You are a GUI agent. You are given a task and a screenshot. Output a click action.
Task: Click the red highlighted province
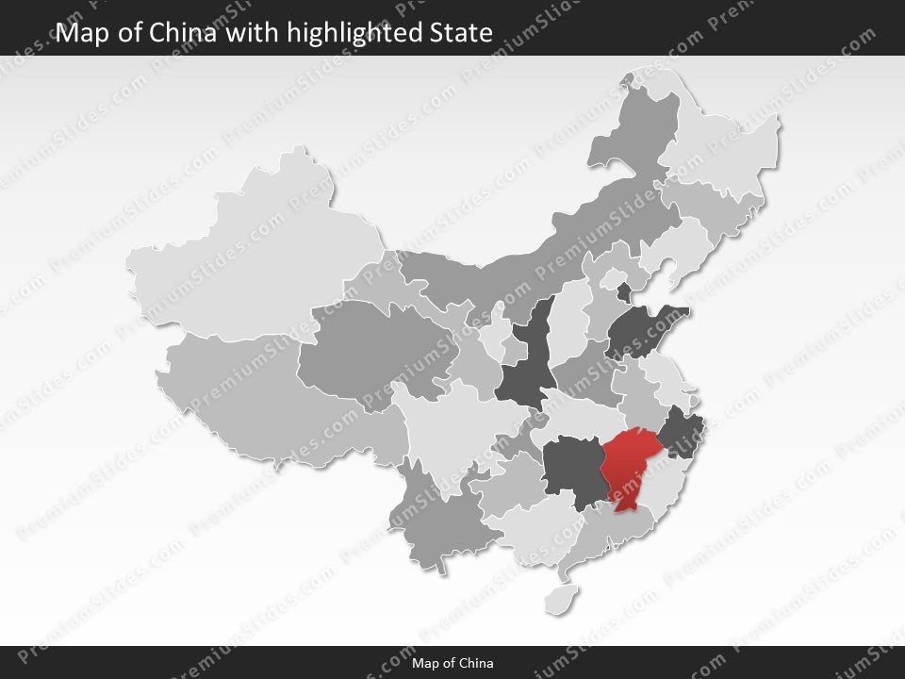pyautogui.click(x=626, y=467)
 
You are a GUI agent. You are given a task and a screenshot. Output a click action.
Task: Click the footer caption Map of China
pyautogui.click(x=452, y=663)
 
